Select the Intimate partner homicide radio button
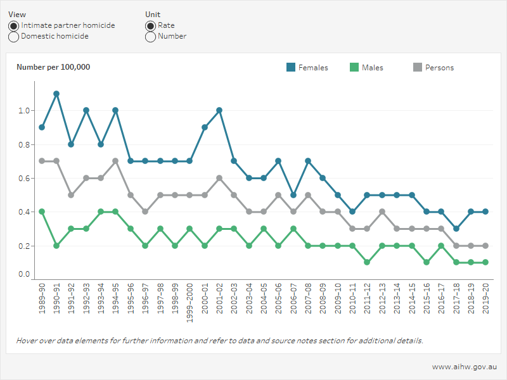pyautogui.click(x=14, y=26)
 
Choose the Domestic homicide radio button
pyautogui.click(x=14, y=37)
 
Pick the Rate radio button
pyautogui.click(x=151, y=26)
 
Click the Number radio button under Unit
pyautogui.click(x=151, y=37)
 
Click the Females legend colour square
pyautogui.click(x=291, y=68)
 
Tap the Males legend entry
pyautogui.click(x=372, y=68)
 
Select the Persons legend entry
pyautogui.click(x=439, y=68)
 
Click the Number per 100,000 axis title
pyautogui.click(x=53, y=67)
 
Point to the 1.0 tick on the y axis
pyautogui.click(x=24, y=111)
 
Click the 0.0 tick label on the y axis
pyautogui.click(x=24, y=275)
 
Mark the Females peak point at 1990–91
pyautogui.click(x=56, y=94)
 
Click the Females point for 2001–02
pyautogui.click(x=219, y=110)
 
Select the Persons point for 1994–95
pyautogui.click(x=116, y=161)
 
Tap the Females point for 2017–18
pyautogui.click(x=457, y=229)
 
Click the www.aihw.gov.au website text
pyautogui.click(x=464, y=367)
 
